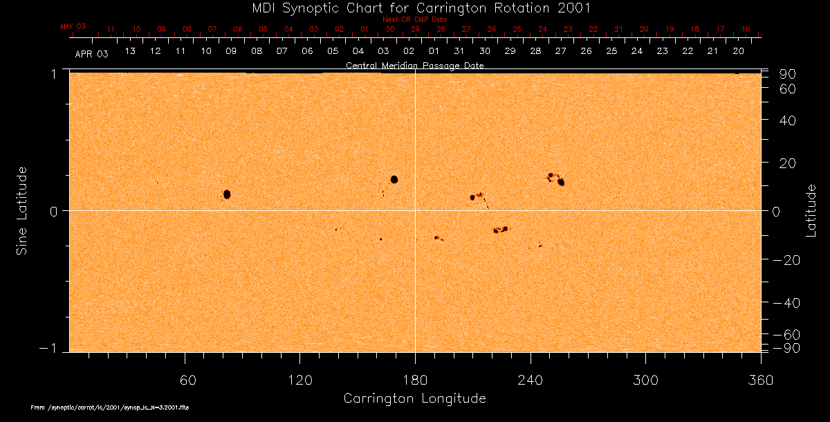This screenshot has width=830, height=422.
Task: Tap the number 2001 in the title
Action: [575, 8]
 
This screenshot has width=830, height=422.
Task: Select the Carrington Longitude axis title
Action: [414, 398]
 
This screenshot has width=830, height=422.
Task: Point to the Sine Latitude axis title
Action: [22, 210]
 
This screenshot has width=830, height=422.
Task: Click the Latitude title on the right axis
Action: [811, 210]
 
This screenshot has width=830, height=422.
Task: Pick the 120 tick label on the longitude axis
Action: [299, 380]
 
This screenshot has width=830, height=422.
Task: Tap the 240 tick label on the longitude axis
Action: [530, 380]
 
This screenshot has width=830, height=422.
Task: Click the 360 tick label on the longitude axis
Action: [760, 380]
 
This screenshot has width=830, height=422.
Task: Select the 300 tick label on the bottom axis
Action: [645, 380]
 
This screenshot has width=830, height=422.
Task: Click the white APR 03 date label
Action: [91, 53]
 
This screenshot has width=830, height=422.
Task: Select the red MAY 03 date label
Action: [73, 26]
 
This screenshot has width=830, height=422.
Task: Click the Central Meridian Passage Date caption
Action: [414, 66]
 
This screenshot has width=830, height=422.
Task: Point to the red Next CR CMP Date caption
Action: [414, 19]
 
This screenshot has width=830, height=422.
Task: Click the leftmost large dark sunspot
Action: [227, 194]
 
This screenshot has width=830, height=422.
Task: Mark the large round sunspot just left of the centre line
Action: [394, 179]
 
